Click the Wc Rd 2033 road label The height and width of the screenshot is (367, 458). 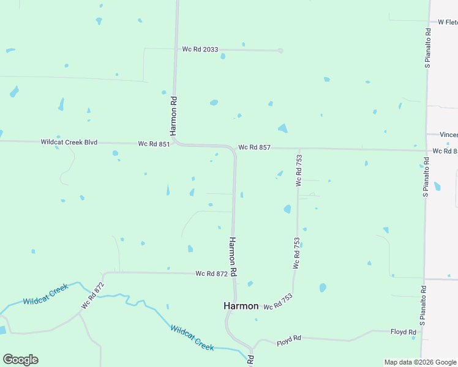coord(200,50)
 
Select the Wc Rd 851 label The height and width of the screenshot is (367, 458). coord(153,144)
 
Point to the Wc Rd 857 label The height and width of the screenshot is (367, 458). coord(254,147)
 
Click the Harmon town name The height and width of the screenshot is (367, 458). coord(241,306)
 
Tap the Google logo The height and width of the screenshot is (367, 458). coord(20,360)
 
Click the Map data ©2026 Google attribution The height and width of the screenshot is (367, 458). coord(420,362)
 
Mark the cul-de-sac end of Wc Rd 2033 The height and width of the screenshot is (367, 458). coord(280,51)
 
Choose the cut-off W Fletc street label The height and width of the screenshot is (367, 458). coord(448,22)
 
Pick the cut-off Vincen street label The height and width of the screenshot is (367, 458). coord(450,135)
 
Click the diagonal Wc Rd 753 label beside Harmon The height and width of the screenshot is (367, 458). coord(278,302)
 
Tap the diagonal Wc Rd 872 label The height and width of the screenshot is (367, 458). coord(93,295)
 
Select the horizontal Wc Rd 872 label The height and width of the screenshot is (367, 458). coord(212,273)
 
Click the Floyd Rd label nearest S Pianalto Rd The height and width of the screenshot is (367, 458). coord(404,332)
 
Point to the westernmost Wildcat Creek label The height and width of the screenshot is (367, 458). coord(45,297)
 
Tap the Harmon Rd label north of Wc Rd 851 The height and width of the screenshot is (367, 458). coord(174,116)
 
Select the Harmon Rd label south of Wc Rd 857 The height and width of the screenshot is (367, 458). coord(233,256)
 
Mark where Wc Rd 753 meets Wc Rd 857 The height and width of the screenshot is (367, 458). coord(299,149)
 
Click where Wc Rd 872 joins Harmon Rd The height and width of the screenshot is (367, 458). coord(233,274)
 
